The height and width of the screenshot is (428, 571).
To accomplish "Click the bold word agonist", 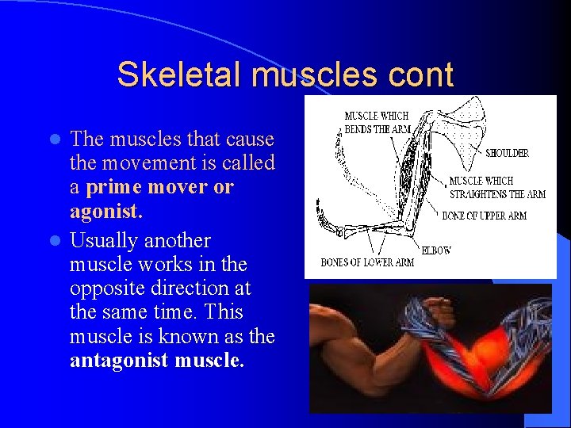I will point(103,212).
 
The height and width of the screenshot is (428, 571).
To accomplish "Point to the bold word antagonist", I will point(117,361).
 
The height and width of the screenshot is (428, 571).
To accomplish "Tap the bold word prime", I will point(116,188).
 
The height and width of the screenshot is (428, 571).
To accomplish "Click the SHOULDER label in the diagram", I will point(507,153).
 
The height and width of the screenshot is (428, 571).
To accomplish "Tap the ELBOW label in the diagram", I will point(436,250).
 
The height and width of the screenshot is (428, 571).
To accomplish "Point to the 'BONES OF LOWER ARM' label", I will point(367,262).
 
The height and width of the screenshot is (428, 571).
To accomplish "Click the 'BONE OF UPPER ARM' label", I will point(484,216).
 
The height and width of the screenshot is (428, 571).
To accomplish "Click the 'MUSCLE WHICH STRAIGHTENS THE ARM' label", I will point(497,188).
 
